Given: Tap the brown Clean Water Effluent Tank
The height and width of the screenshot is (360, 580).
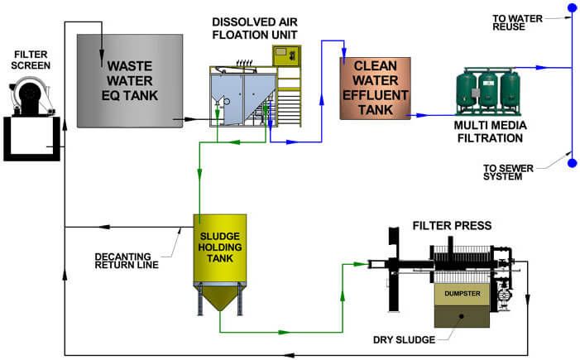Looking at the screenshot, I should pyautogui.click(x=376, y=88).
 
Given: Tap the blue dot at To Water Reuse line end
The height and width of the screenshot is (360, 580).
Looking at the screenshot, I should pyautogui.click(x=571, y=9).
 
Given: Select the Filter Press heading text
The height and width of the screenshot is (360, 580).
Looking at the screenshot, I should pyautogui.click(x=453, y=225).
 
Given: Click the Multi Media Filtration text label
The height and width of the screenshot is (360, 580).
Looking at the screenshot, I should pyautogui.click(x=490, y=130).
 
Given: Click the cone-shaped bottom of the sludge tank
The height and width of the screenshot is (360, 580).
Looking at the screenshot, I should pyautogui.click(x=220, y=296).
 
